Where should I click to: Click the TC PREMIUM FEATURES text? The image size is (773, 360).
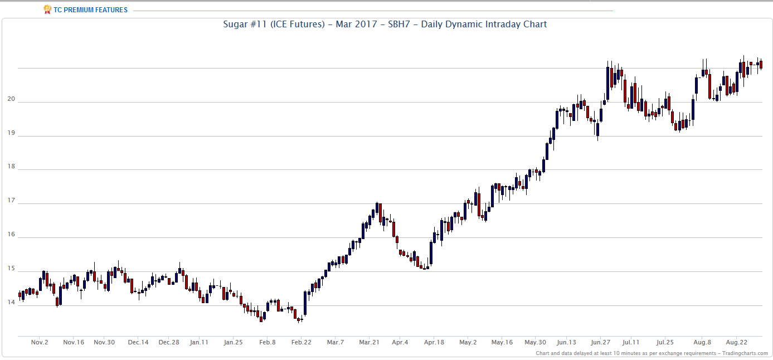click(90, 10)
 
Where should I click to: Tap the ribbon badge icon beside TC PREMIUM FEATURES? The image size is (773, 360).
click(47, 10)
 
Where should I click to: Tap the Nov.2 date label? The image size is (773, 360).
click(40, 342)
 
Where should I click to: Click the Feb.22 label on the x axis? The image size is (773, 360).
click(301, 342)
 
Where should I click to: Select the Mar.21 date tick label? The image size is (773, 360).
click(369, 342)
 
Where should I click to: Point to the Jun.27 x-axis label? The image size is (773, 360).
click(600, 342)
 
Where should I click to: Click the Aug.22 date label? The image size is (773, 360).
click(736, 342)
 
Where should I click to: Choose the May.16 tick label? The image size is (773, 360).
click(502, 342)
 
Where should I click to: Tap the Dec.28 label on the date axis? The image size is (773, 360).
click(168, 342)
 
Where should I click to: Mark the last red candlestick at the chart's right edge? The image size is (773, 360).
click(761, 65)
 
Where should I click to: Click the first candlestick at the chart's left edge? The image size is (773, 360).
click(20, 295)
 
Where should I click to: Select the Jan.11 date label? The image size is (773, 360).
click(199, 342)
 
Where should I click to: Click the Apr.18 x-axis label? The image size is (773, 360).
click(434, 342)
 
